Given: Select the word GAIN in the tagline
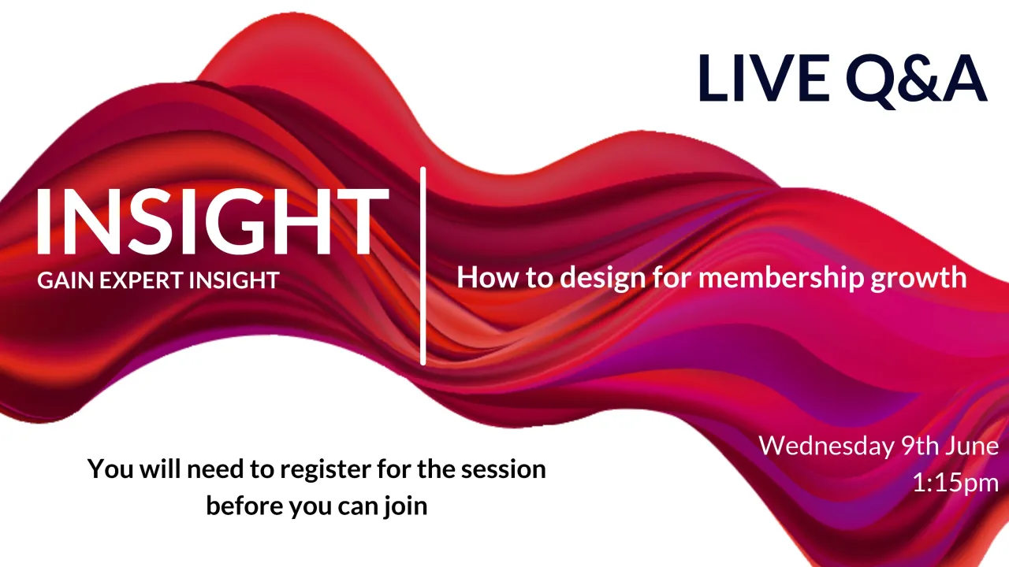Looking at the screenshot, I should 61,280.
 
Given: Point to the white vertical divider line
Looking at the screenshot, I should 423,266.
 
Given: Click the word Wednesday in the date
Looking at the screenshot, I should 827,447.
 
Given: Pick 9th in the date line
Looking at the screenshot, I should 918,447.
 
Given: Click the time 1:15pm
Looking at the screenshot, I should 955,483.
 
